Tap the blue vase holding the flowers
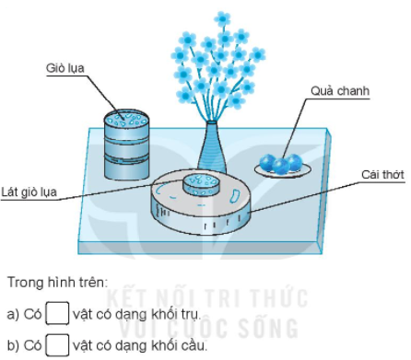pos(211,148)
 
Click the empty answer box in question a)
pos(57,313)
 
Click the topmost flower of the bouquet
pos(222,18)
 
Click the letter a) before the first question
pos(12,314)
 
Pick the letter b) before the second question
pos(12,345)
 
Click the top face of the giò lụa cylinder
pos(126,120)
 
